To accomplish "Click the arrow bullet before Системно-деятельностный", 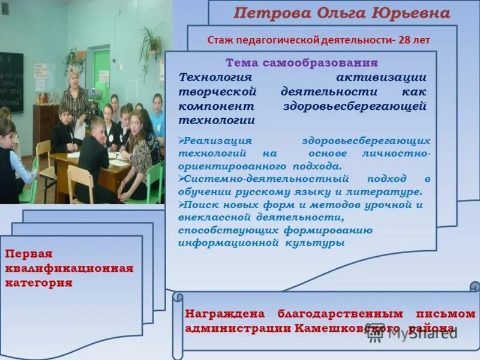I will click(182, 179).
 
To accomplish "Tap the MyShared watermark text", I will click(420, 334).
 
